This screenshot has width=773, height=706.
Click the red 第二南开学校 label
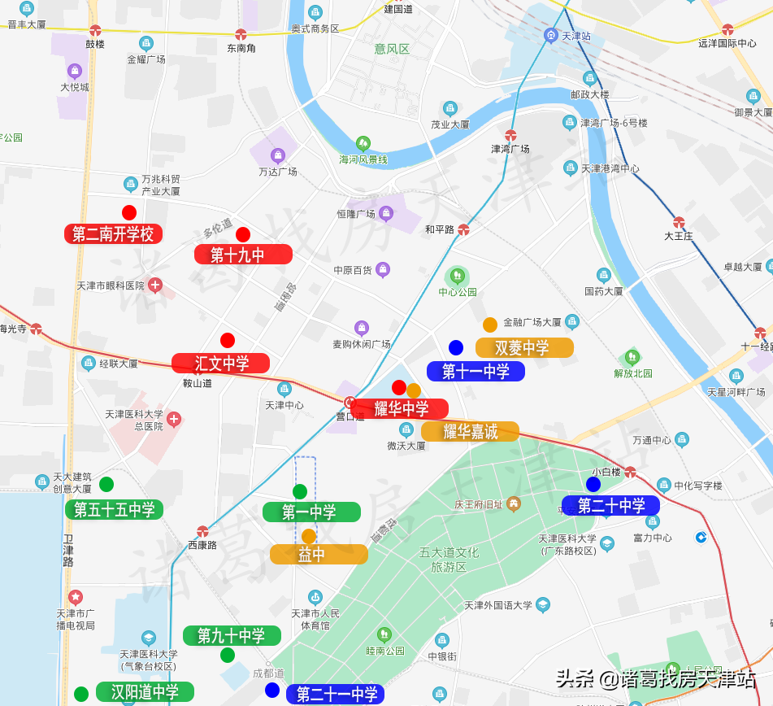[x=113, y=234]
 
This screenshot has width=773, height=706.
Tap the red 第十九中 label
[x=242, y=255]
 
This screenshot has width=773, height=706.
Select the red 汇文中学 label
[x=220, y=363]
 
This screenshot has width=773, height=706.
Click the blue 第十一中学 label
[x=476, y=372]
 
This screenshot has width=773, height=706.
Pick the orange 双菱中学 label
[x=523, y=347]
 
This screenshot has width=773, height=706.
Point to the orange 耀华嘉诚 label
[x=470, y=432]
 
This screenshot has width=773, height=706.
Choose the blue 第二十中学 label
[x=610, y=505]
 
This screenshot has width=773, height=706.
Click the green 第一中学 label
[x=311, y=512]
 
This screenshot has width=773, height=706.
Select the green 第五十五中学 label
[x=114, y=510]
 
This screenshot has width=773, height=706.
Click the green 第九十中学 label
[x=232, y=635]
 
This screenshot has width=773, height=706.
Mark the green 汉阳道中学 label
[x=145, y=692]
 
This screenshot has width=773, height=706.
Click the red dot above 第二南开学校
[x=129, y=213]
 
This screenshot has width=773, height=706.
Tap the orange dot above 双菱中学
[x=490, y=325]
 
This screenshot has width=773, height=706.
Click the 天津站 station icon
[x=550, y=35]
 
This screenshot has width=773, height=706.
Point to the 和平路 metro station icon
[x=463, y=229]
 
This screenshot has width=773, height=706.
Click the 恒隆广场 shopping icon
[x=386, y=213]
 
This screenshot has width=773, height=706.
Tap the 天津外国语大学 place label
[x=498, y=605]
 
